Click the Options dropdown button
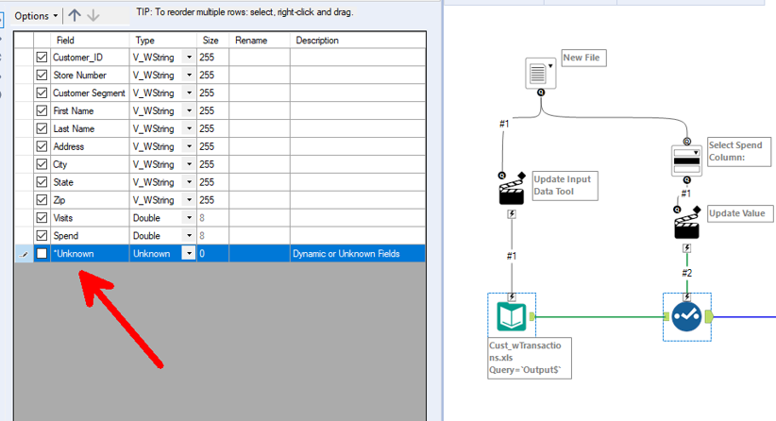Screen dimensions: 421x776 (36, 16)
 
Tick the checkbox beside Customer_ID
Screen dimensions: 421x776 (42, 58)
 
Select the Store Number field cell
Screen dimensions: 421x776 (79, 76)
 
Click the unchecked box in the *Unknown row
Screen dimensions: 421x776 (42, 254)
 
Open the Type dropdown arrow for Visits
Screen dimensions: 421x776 (189, 218)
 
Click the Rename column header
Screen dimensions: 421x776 (251, 41)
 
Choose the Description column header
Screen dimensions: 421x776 (317, 41)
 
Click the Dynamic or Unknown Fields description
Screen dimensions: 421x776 (346, 254)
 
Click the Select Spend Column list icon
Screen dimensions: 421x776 (686, 160)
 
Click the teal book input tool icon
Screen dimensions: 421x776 (511, 315)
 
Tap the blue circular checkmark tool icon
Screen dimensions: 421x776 (686, 315)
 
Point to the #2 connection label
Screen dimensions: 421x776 (687, 273)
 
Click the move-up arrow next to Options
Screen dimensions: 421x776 (75, 16)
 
